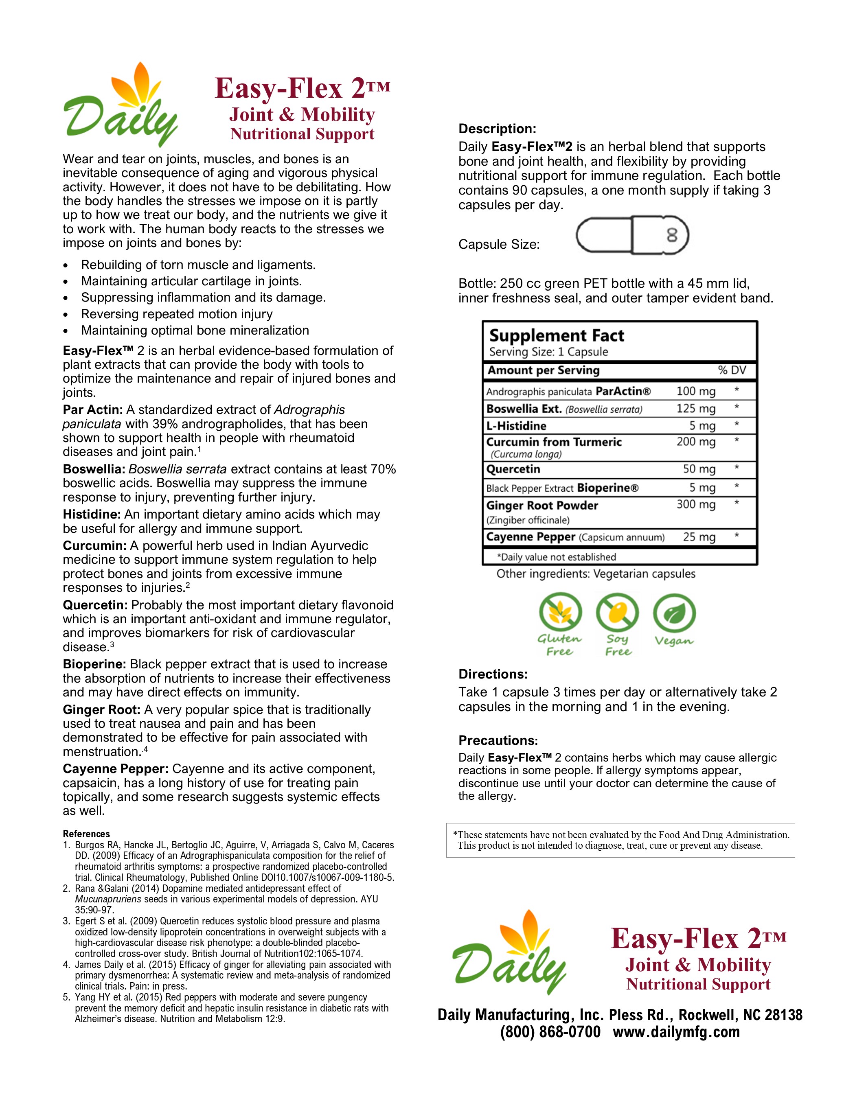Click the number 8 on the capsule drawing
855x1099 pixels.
(672, 235)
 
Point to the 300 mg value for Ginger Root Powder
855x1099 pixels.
(695, 504)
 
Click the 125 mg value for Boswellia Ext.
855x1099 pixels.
(695, 408)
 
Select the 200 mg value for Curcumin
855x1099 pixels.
(695, 441)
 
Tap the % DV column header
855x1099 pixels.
(732, 370)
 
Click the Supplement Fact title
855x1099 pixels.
(556, 336)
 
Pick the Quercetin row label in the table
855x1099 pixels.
(513, 469)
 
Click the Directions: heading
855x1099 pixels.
(493, 674)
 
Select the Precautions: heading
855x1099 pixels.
(498, 740)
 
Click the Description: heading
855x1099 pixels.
(497, 129)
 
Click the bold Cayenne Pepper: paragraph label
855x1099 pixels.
(115, 769)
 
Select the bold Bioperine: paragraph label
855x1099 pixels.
(94, 664)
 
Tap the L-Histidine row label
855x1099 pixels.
(516, 426)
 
